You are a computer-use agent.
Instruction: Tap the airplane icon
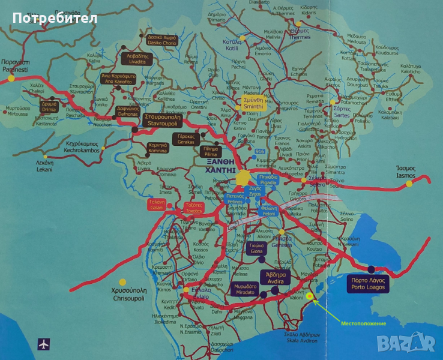[x=43, y=344]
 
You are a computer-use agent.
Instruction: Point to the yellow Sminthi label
[x=253, y=103]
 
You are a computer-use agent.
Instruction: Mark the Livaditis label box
[x=136, y=58]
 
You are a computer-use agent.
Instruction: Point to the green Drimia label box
[x=49, y=107]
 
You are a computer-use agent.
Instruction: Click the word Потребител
[x=54, y=18]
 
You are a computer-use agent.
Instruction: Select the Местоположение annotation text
[x=364, y=324]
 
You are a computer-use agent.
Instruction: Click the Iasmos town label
[x=409, y=173]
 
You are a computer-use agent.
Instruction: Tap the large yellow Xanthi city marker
[x=243, y=178]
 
